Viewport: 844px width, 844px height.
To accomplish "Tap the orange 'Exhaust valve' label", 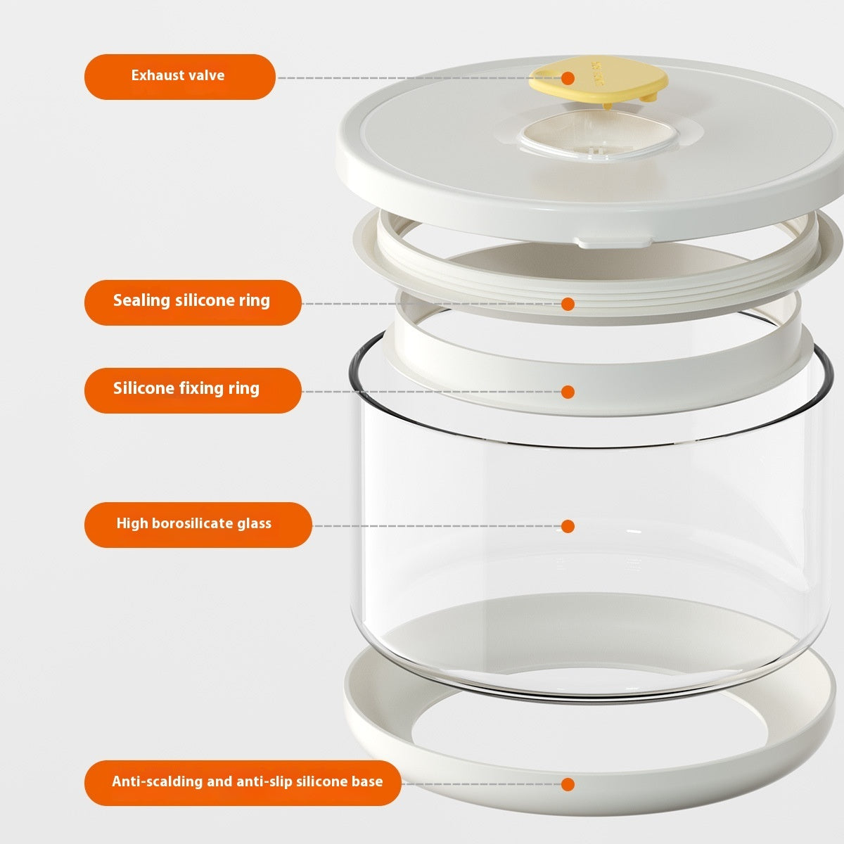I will click(x=179, y=76).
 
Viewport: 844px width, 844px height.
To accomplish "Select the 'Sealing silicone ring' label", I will click(x=192, y=302).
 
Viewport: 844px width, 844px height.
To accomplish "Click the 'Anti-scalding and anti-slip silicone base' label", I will click(x=243, y=782).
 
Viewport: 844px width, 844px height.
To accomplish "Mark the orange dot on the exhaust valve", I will click(x=568, y=78).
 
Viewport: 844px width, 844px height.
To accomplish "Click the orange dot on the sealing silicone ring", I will click(x=568, y=304).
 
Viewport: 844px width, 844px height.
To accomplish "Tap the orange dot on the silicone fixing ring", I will click(x=568, y=391).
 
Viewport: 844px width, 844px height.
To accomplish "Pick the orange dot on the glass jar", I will click(x=568, y=526).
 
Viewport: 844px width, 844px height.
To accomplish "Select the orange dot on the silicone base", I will click(x=568, y=784).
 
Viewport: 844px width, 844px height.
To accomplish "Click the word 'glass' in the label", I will click(x=254, y=524).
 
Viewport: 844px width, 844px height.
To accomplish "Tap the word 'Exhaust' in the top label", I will click(x=157, y=76).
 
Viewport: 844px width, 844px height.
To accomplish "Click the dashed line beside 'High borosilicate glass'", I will click(x=436, y=526).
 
